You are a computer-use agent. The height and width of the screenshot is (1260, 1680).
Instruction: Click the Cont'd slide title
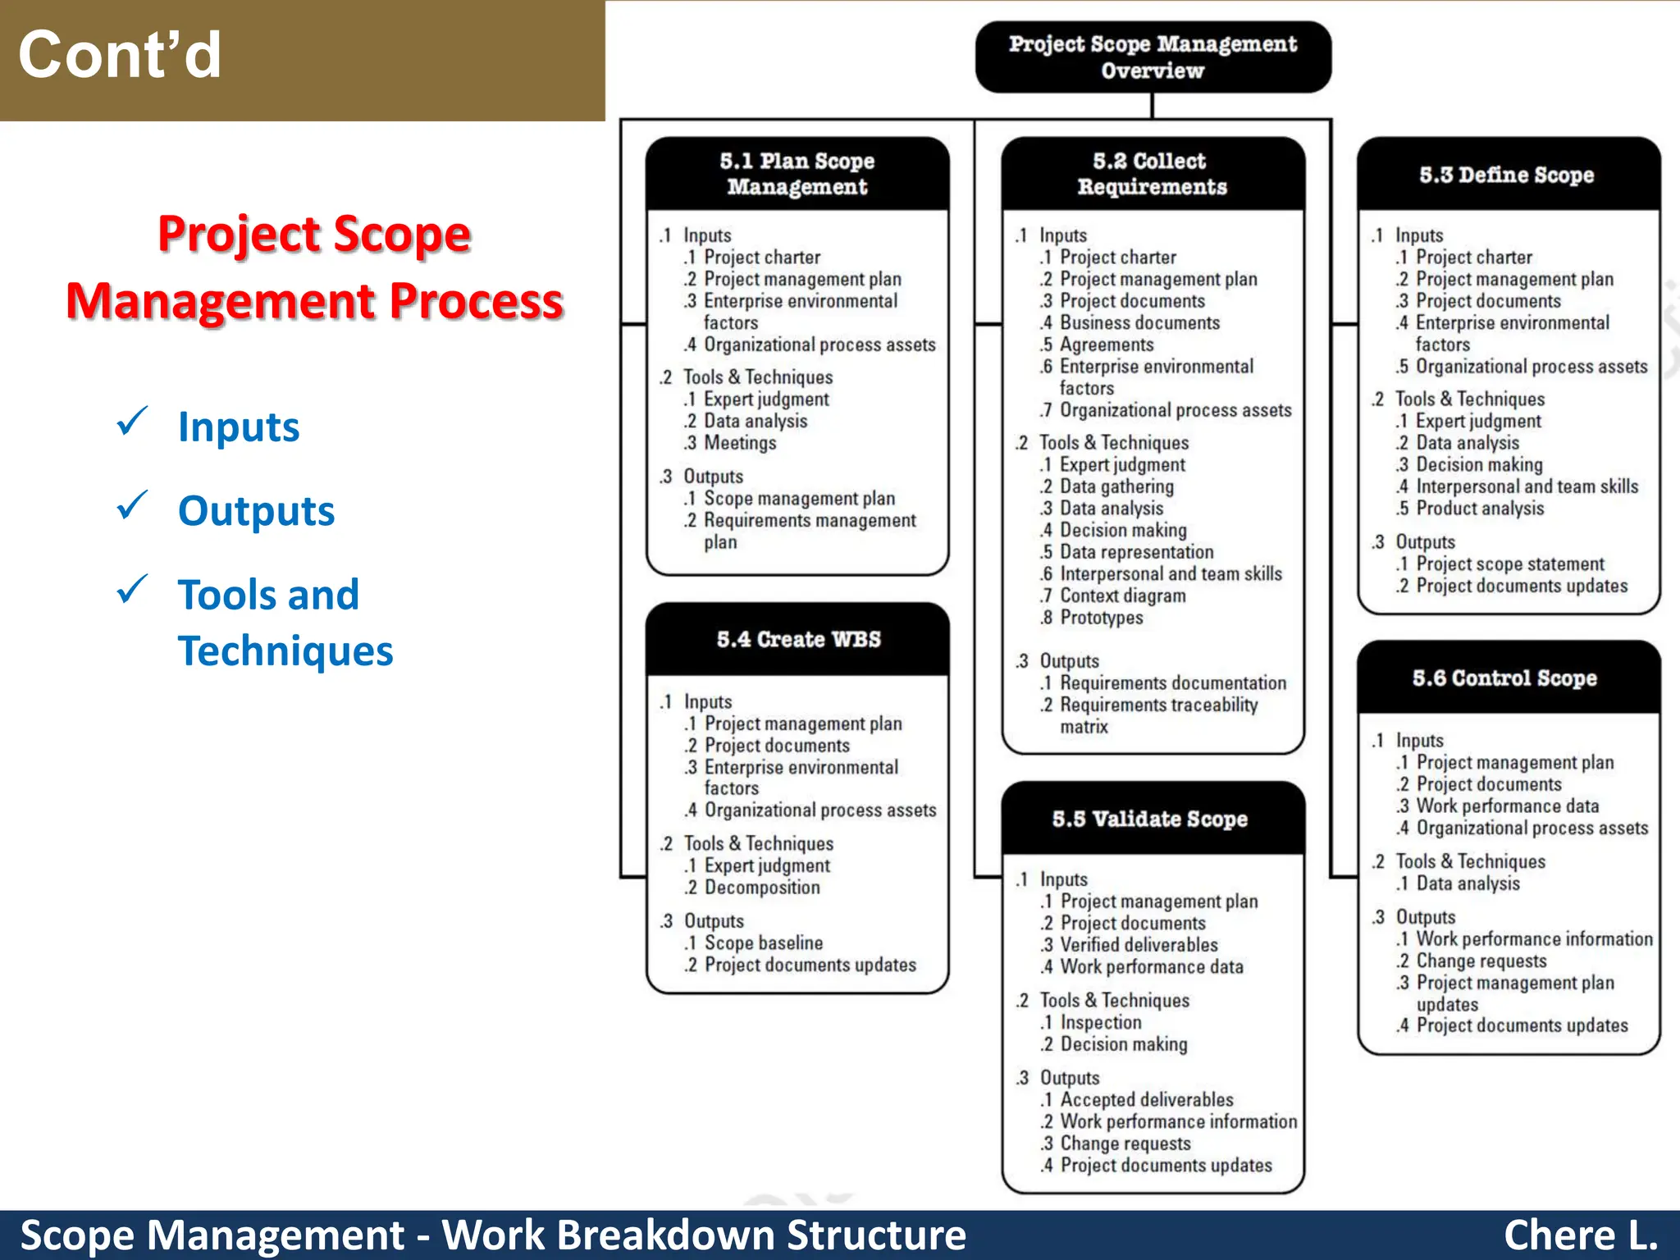[120, 56]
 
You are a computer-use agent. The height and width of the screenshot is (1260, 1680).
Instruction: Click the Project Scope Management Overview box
[1153, 57]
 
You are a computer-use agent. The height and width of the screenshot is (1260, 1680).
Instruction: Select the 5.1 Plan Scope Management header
[797, 173]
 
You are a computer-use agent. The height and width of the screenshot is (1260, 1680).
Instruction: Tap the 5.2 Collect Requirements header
[1152, 173]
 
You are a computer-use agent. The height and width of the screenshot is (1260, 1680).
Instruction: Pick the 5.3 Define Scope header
[1507, 175]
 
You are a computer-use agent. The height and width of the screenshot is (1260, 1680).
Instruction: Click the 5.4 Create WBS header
[798, 639]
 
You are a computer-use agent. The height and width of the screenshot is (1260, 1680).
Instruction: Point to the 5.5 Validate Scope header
[1150, 819]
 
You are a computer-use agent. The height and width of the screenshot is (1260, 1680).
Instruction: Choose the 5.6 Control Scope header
[1504, 678]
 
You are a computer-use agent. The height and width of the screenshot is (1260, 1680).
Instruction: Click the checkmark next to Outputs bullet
[131, 506]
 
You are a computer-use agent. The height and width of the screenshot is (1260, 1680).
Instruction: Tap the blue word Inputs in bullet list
[239, 427]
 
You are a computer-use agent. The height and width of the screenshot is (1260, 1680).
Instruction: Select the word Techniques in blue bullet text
[285, 651]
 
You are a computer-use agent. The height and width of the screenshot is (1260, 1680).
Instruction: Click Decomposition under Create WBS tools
[761, 888]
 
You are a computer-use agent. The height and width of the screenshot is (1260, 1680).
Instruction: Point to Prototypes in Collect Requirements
[1101, 618]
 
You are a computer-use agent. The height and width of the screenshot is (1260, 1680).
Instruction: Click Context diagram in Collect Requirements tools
[1122, 596]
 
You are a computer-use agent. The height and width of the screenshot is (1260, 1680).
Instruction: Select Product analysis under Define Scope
[1479, 509]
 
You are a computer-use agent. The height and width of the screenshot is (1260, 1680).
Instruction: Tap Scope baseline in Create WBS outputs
[763, 943]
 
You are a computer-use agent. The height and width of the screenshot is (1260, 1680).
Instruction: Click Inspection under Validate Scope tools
[1100, 1023]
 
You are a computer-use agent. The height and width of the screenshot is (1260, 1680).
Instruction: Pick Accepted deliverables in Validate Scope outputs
[1146, 1100]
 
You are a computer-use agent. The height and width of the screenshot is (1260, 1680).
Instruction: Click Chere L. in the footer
[1580, 1235]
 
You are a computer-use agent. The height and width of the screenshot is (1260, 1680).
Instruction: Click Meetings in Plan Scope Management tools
[739, 443]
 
